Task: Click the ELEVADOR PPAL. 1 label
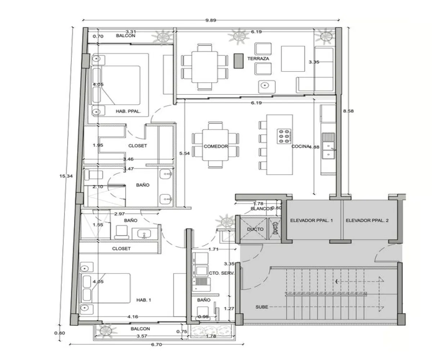click(x=311, y=220)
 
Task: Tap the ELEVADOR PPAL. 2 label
click(x=367, y=220)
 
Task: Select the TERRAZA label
click(x=258, y=58)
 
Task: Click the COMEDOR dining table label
click(x=216, y=146)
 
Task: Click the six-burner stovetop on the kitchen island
click(x=284, y=136)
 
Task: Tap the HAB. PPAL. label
click(x=128, y=112)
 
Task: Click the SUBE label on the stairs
click(x=262, y=307)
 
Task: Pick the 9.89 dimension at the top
click(x=211, y=21)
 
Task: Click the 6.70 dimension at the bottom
click(x=156, y=345)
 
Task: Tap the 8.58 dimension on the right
click(x=348, y=111)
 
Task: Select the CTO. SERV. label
click(x=222, y=273)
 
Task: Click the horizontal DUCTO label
click(x=255, y=229)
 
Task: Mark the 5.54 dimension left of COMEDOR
click(x=184, y=154)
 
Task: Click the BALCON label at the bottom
click(x=140, y=329)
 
